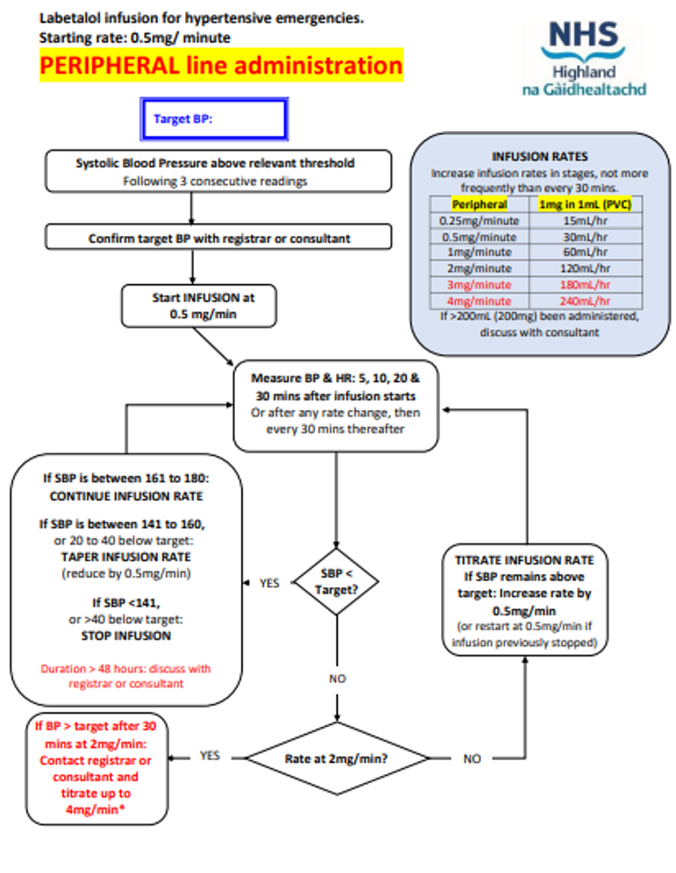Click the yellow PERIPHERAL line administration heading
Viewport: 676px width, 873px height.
click(x=221, y=66)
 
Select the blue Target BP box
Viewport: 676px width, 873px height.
click(x=213, y=120)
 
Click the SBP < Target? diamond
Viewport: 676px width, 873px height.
click(x=336, y=582)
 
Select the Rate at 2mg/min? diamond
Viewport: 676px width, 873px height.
click(x=336, y=759)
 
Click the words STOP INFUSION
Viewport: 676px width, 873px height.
click(x=128, y=635)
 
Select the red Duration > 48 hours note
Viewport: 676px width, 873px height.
click(x=126, y=676)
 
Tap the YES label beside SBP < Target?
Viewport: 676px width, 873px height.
click(x=269, y=583)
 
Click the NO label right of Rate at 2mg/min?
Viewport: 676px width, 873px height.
click(x=472, y=759)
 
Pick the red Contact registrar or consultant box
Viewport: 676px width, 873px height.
click(x=95, y=769)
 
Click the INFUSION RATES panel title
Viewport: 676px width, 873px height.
click(x=540, y=157)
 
